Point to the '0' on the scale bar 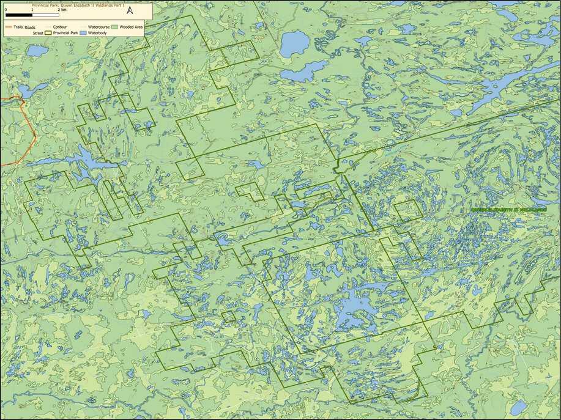[x=6, y=10]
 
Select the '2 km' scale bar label [x=62, y=10]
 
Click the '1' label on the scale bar [x=32, y=10]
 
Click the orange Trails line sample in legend [x=9, y=28]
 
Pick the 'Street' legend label [x=39, y=34]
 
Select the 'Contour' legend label [x=60, y=28]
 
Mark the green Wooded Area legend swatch [x=114, y=28]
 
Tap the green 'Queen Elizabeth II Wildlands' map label [x=508, y=209]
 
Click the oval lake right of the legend [x=295, y=44]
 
